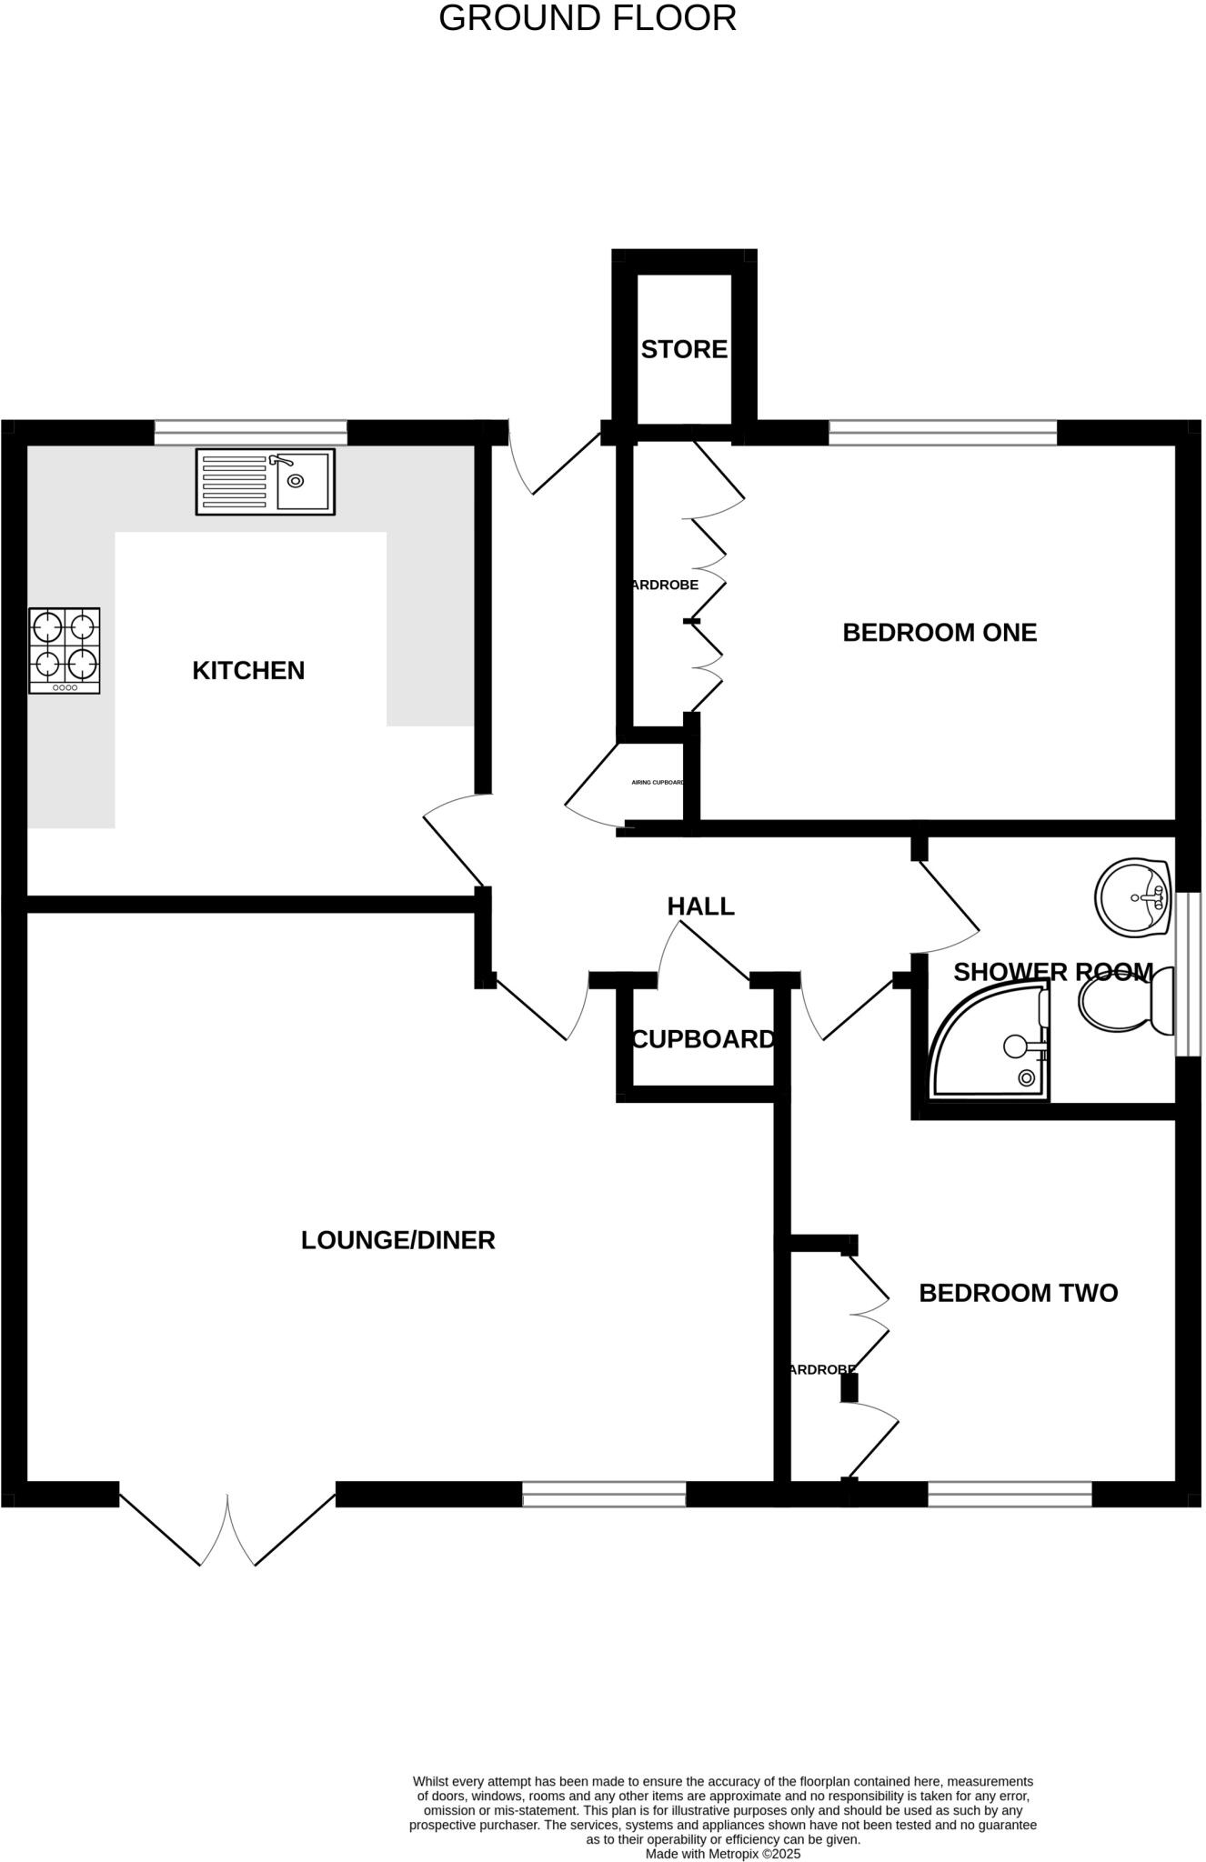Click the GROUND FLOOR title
[x=588, y=19]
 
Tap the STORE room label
[x=684, y=349]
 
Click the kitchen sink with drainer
[x=265, y=482]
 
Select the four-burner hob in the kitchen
[x=65, y=651]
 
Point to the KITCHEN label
[x=248, y=671]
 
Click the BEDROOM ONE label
[x=940, y=633]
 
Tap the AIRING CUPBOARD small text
[x=658, y=782]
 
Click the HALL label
[x=700, y=906]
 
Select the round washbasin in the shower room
[x=1131, y=896]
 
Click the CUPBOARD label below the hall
[x=703, y=1039]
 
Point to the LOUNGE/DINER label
[x=397, y=1240]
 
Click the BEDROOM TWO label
[x=1018, y=1293]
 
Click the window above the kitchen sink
[x=250, y=433]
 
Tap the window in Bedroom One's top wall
[x=942, y=433]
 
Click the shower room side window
[x=1188, y=974]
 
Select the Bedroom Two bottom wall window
[x=1010, y=1494]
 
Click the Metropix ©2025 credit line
[x=723, y=1854]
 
